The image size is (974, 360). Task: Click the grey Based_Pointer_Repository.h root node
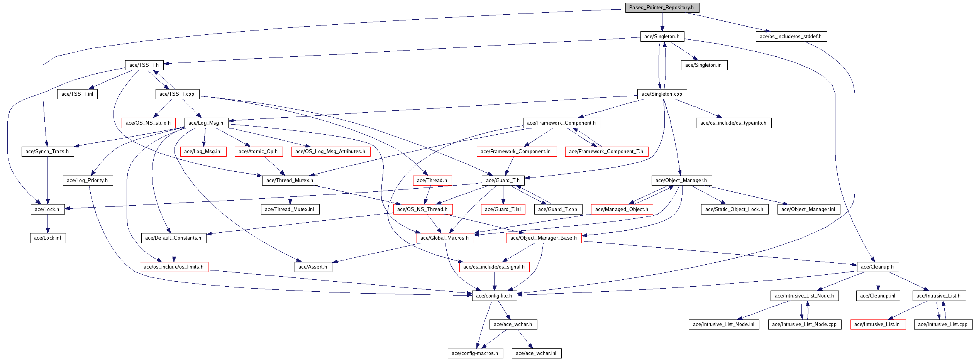tap(662, 7)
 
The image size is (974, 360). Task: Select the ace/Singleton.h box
tap(662, 36)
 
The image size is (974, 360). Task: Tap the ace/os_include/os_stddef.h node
tap(791, 36)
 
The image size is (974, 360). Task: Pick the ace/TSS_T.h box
tap(144, 65)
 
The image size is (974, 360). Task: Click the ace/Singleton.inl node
tap(704, 65)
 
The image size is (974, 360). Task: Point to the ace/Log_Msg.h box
tap(206, 123)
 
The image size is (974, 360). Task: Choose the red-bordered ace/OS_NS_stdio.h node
tap(148, 123)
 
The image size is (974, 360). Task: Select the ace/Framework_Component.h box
tap(561, 123)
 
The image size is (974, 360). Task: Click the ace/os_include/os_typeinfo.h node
tap(733, 123)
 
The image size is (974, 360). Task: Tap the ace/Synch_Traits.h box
tap(47, 151)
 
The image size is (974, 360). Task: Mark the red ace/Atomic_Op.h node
tap(258, 151)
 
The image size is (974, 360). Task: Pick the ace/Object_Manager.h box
tap(681, 180)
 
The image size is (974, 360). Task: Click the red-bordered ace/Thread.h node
tap(432, 180)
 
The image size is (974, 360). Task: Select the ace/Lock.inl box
tap(47, 238)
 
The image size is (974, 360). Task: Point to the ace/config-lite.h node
tap(494, 296)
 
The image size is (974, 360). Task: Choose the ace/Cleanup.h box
tap(877, 267)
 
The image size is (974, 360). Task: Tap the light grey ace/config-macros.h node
tap(475, 353)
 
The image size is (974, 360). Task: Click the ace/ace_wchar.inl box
tap(536, 353)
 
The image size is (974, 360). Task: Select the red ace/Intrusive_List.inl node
tap(877, 324)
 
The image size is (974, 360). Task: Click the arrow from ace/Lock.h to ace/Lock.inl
tap(47, 223)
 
